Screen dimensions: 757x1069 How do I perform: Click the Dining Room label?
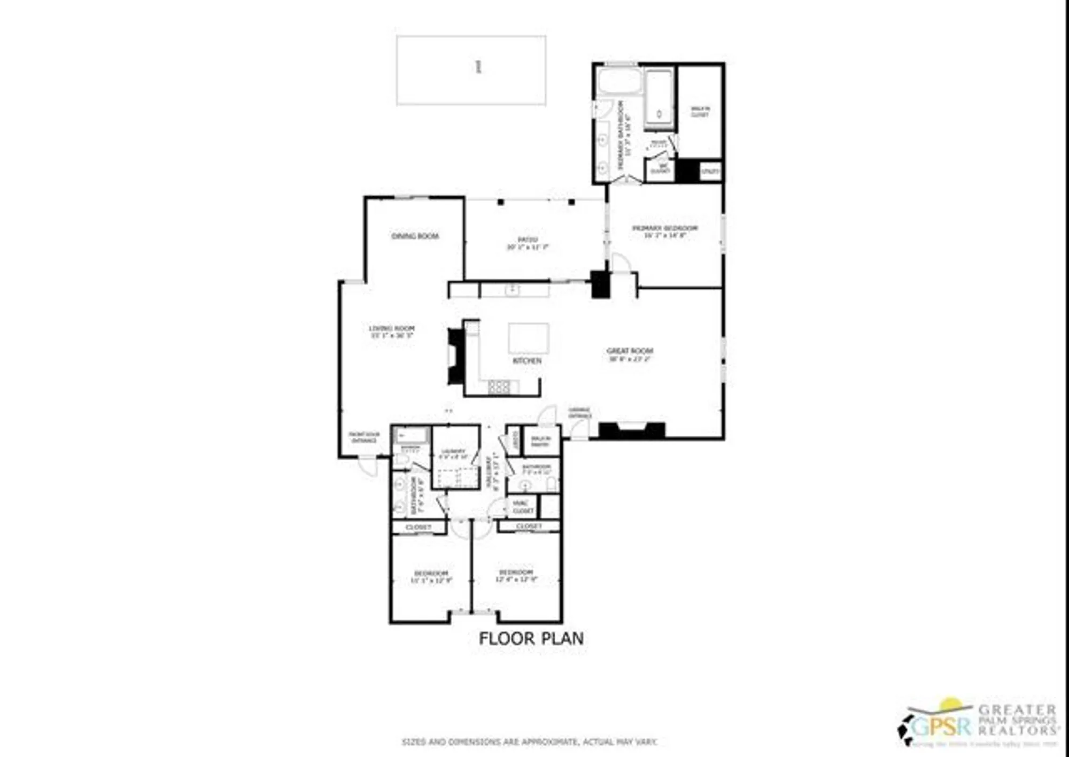pos(415,236)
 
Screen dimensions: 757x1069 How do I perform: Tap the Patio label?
pos(527,243)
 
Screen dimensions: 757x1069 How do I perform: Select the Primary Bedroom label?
pos(665,231)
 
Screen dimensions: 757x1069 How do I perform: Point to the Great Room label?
pos(630,354)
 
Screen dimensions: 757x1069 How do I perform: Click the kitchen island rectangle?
pos(528,338)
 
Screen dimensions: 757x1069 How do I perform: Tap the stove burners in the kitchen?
pos(499,386)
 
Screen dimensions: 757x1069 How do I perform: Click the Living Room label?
pos(392,331)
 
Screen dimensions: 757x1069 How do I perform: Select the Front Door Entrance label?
pos(364,437)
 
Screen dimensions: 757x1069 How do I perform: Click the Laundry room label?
pos(453,454)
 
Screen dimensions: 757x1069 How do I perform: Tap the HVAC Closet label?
pos(522,507)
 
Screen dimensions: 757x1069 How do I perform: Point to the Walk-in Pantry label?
pos(540,441)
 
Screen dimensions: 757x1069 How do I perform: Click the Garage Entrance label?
pos(579,413)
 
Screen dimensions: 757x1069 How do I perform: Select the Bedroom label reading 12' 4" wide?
pos(516,575)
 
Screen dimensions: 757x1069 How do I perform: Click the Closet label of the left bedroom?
pos(418,527)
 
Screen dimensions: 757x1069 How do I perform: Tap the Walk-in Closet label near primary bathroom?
pos(700,112)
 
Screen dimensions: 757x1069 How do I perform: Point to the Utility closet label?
pos(710,172)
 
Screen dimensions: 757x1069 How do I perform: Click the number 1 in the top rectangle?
pos(478,67)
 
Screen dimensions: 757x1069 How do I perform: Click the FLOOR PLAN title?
pos(531,638)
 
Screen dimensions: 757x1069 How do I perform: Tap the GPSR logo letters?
pos(940,727)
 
